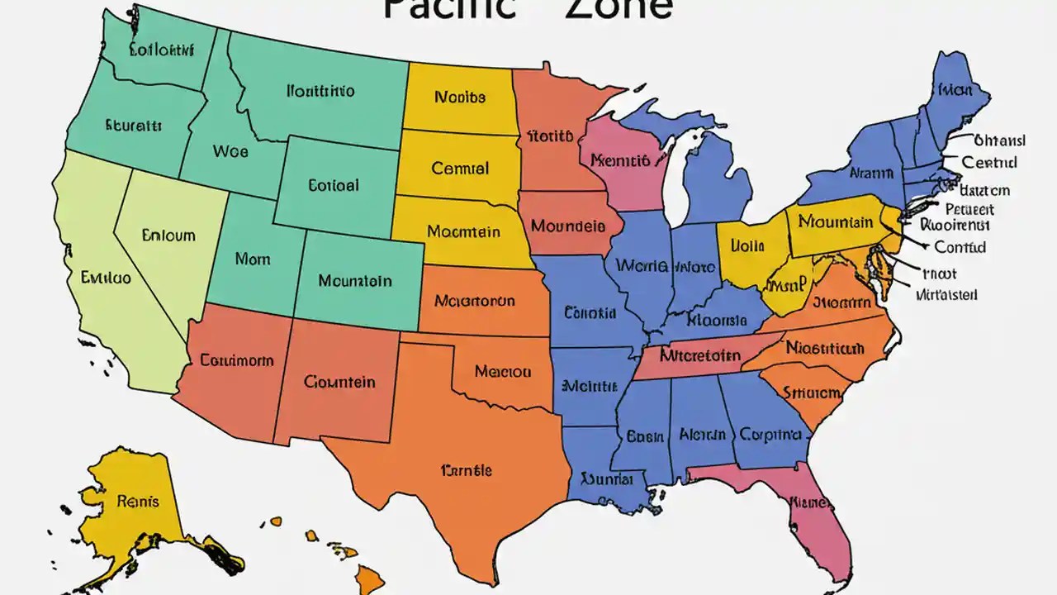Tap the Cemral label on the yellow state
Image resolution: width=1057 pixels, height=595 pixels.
click(x=460, y=169)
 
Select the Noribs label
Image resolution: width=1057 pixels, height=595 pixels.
click(x=459, y=98)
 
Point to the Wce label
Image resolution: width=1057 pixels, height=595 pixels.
click(x=230, y=152)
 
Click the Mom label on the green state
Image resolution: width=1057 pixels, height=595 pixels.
click(x=252, y=259)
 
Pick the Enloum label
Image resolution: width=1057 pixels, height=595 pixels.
click(x=168, y=236)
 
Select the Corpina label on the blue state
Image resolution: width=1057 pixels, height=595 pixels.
click(x=770, y=434)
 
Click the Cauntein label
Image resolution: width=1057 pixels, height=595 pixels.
click(x=339, y=382)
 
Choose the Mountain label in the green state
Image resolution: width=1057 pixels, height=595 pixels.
click(x=355, y=281)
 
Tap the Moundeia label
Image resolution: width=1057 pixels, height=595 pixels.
click(x=567, y=226)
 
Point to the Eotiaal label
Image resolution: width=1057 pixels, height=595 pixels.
click(x=334, y=186)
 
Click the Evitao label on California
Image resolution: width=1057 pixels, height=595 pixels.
click(x=106, y=278)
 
